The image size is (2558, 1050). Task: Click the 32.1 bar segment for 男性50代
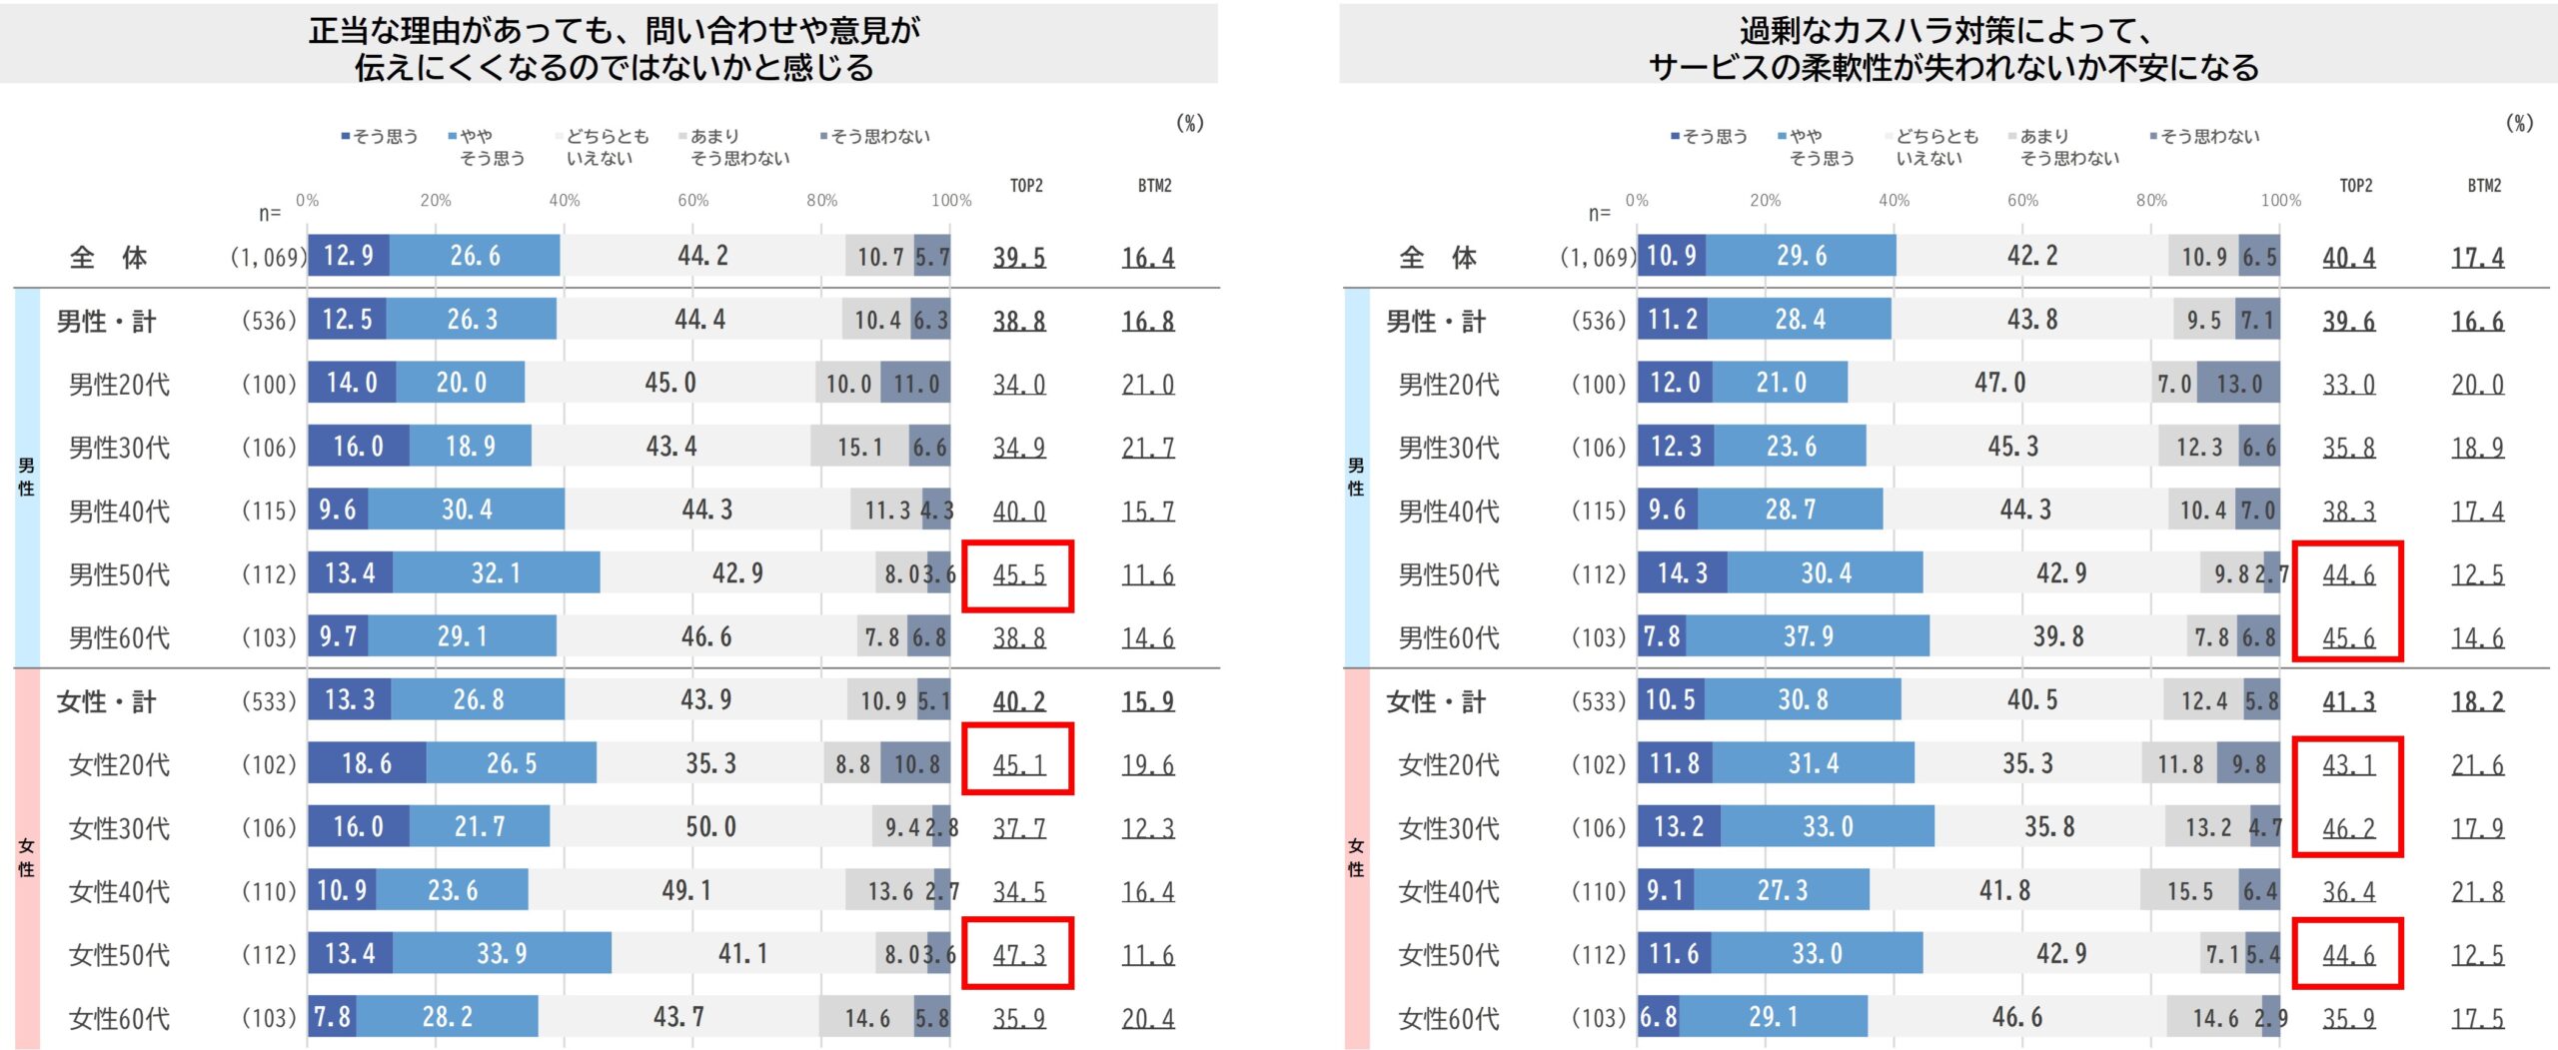[496, 573]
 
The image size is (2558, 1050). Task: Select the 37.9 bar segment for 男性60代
[1808, 636]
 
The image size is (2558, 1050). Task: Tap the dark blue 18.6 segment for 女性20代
[367, 763]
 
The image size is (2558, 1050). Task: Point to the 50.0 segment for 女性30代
[710, 827]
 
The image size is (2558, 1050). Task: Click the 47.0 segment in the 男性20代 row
[1999, 383]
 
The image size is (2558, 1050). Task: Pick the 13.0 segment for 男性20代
[2239, 384]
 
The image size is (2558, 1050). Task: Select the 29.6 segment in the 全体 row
[1801, 256]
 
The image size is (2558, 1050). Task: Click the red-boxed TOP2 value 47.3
[1018, 955]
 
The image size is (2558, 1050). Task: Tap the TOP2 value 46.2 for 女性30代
[2348, 828]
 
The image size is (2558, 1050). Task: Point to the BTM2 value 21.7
[1147, 448]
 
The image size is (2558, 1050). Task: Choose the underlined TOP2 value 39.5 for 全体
[1018, 258]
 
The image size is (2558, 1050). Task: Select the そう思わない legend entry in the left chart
[875, 136]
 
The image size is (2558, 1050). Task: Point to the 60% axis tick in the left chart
[692, 200]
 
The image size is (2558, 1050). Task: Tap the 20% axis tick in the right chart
[1765, 200]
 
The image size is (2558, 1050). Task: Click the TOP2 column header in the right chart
[2355, 186]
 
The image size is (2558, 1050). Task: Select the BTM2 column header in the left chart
[1154, 186]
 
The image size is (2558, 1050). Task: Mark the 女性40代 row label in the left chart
[119, 891]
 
